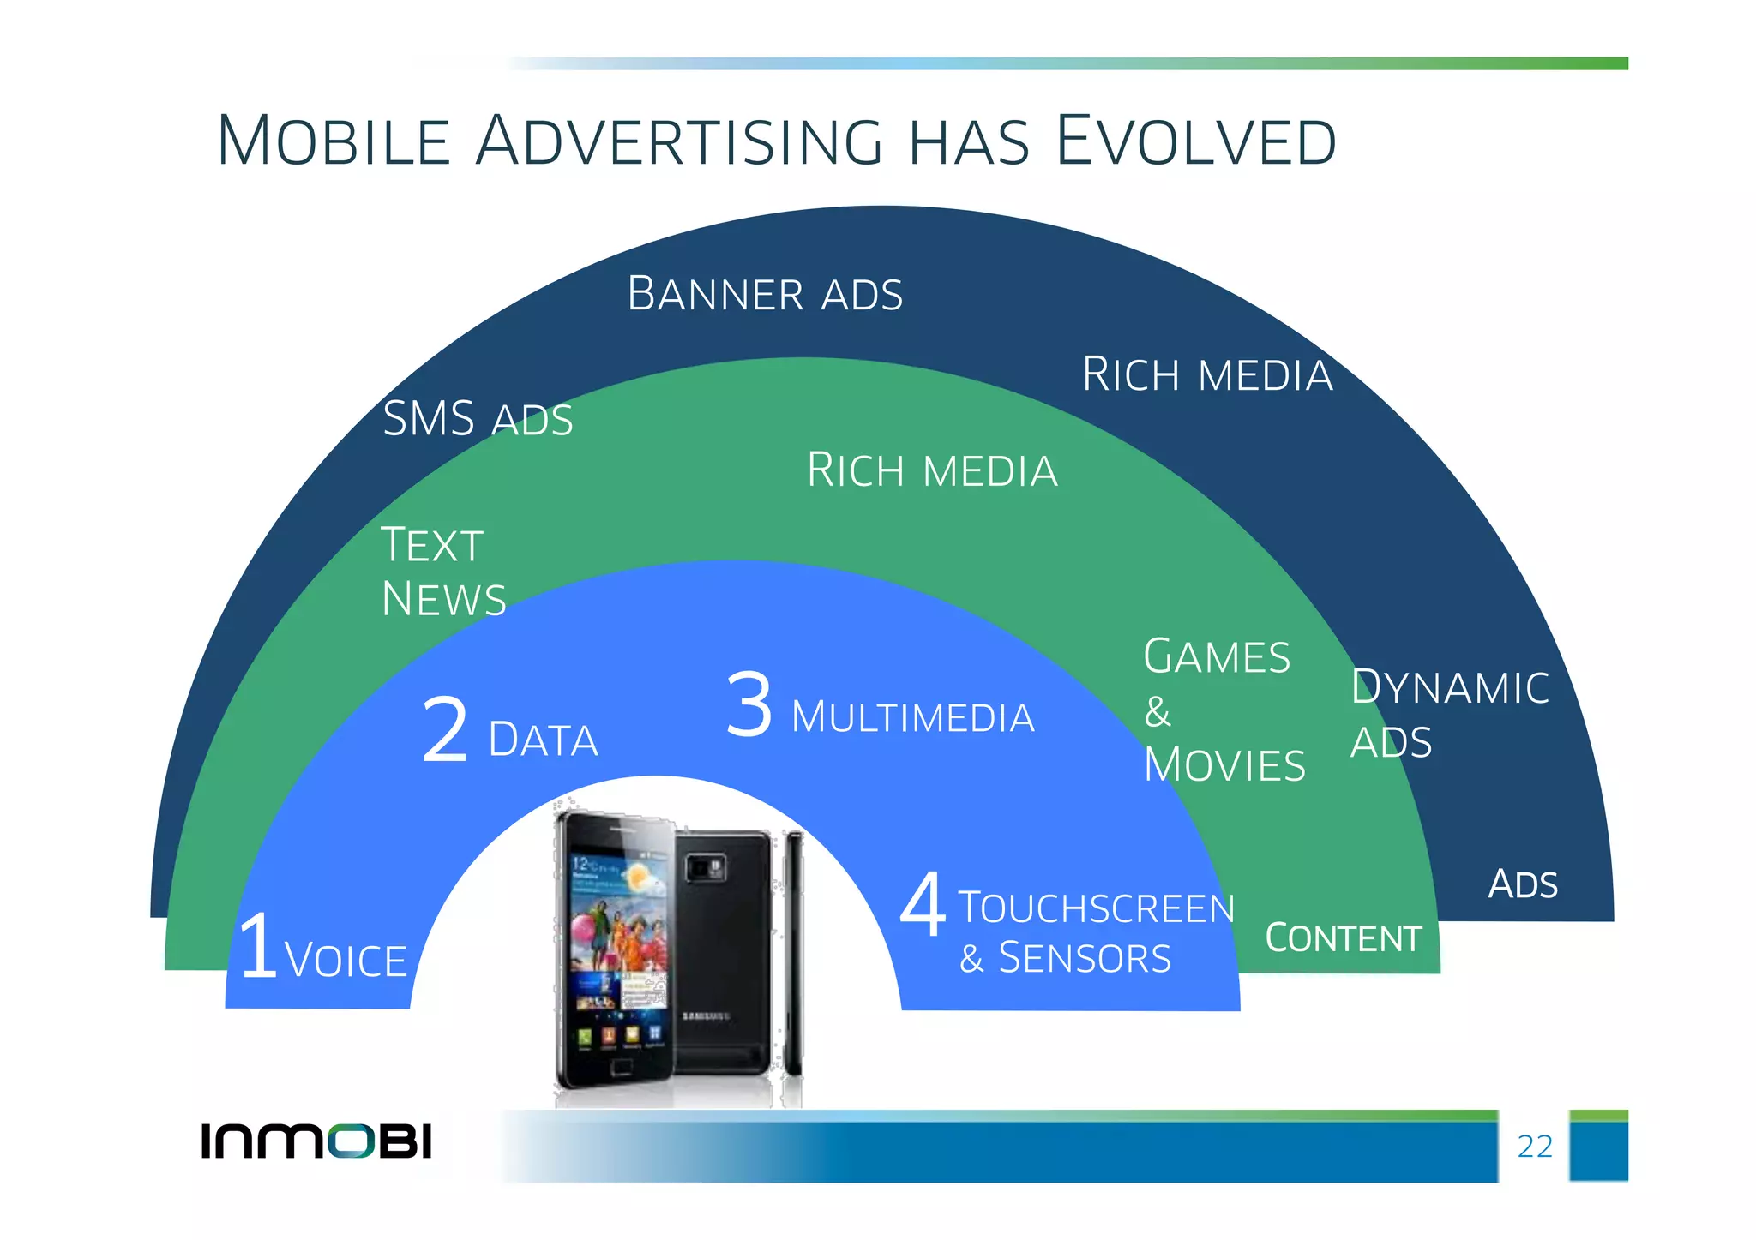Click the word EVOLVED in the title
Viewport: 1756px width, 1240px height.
click(x=1195, y=141)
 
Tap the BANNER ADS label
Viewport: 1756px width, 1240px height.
click(x=765, y=294)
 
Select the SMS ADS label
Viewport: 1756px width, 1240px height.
click(x=478, y=419)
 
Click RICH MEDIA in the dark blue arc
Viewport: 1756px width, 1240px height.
click(x=1207, y=375)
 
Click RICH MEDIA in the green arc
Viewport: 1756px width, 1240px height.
click(x=932, y=470)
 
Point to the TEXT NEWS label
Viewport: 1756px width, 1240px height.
click(x=442, y=572)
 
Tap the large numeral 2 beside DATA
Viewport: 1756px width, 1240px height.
click(x=445, y=730)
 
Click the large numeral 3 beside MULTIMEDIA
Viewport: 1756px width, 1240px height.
click(x=749, y=704)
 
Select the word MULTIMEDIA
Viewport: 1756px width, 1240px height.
click(x=912, y=717)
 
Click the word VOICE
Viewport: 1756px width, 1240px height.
click(x=346, y=960)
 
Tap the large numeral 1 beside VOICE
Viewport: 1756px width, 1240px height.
click(x=258, y=946)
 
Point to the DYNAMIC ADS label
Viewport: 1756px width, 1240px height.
click(x=1449, y=714)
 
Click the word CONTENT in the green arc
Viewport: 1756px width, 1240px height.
click(x=1343, y=938)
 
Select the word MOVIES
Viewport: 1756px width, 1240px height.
click(x=1224, y=765)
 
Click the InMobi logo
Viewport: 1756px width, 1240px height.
click(x=316, y=1141)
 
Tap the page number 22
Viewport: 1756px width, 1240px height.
click(x=1535, y=1147)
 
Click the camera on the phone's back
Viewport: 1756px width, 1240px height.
click(x=705, y=868)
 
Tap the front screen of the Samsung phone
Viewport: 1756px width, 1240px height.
click(x=617, y=943)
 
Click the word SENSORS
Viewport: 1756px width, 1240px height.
click(x=1085, y=958)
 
